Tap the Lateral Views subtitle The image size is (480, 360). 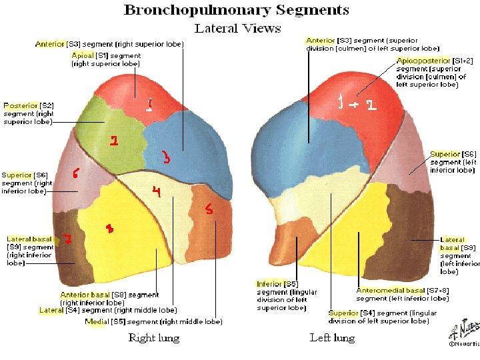click(x=237, y=28)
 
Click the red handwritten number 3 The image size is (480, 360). click(x=166, y=158)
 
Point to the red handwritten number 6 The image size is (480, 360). click(x=76, y=173)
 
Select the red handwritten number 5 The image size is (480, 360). click(x=209, y=210)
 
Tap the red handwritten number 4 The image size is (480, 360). click(x=156, y=193)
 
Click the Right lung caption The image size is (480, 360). click(x=153, y=337)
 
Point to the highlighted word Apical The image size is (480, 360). click(x=83, y=56)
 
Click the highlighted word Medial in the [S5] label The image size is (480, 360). click(x=97, y=321)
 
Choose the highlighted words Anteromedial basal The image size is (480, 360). click(x=390, y=291)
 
